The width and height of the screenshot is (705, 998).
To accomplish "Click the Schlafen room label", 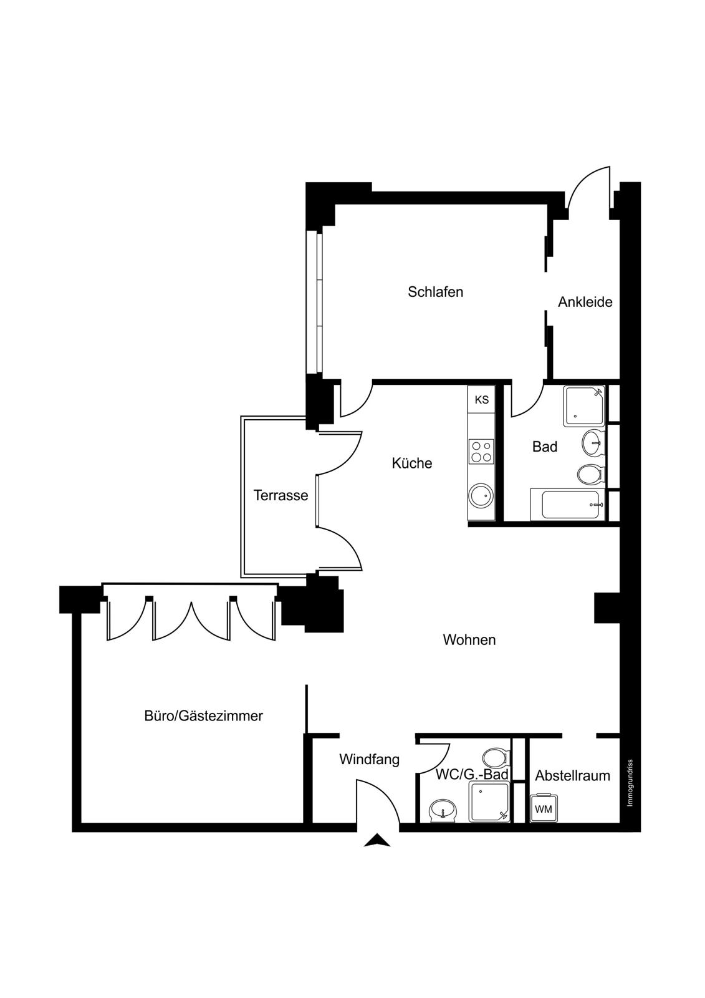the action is point(435,293).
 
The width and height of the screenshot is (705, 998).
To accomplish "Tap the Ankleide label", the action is point(585,302).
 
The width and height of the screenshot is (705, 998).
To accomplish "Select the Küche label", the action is point(412,463).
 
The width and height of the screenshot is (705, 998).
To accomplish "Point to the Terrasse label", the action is point(281,495).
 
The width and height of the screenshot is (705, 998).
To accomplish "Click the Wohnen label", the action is point(469,640).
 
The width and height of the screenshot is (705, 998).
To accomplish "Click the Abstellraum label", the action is point(573,776).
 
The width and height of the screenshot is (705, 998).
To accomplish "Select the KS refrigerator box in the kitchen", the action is point(481,400).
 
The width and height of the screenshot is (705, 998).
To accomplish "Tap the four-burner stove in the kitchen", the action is point(481,452).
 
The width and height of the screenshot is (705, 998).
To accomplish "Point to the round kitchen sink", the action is point(481,495).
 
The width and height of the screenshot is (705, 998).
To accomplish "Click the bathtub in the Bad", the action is point(567,505).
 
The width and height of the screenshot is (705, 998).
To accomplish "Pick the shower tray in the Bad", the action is point(584,406).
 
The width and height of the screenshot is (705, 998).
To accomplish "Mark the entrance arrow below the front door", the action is point(376,840).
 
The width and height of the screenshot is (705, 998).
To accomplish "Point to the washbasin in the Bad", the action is point(593,443).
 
